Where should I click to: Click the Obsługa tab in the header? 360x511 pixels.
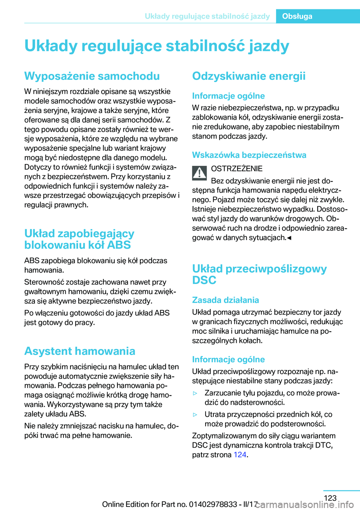pos(297,16)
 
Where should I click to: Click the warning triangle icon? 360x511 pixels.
pos(199,173)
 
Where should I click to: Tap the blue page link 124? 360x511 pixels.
pos(240,455)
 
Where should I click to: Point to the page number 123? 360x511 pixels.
pos(330,498)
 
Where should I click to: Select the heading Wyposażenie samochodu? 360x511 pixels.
pos(92,76)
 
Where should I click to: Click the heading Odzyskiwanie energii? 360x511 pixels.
pos(249,76)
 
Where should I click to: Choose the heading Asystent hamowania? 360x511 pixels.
pos(79,351)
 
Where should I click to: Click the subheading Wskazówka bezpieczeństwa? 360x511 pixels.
pos(249,155)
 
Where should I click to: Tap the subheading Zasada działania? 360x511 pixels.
pos(225,300)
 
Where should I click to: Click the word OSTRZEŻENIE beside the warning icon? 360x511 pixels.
pos(237,169)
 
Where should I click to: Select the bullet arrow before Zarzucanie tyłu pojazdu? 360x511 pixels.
pos(195,393)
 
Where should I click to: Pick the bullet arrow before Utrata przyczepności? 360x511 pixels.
pos(195,415)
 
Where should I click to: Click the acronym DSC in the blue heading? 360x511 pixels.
pos(204,280)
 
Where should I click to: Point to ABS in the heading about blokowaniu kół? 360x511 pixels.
pos(119,245)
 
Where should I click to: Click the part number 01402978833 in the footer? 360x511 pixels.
pos(213,504)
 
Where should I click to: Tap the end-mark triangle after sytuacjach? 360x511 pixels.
pos(289,238)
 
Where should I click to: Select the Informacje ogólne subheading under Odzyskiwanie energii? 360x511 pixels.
pos(228,96)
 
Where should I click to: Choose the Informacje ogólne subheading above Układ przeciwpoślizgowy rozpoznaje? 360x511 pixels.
pos(228,359)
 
